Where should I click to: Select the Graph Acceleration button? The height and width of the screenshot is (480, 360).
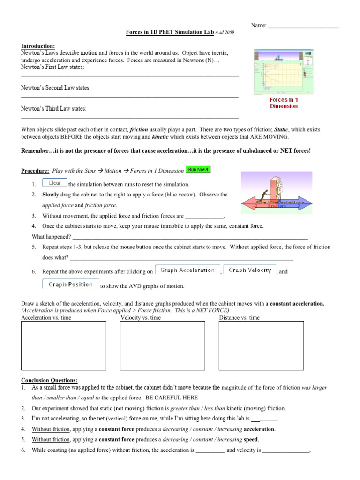click(x=187, y=270)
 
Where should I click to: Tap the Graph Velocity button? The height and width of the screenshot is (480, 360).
click(x=249, y=270)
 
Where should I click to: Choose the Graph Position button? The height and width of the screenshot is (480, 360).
click(x=70, y=284)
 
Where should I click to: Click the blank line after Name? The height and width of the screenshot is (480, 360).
click(x=303, y=25)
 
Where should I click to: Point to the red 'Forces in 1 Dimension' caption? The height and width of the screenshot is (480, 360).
click(x=284, y=103)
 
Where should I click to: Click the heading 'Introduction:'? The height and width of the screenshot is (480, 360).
click(x=38, y=46)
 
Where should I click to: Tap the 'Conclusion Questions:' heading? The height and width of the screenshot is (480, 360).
click(x=50, y=380)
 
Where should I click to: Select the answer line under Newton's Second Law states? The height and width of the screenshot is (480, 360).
click(x=130, y=96)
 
